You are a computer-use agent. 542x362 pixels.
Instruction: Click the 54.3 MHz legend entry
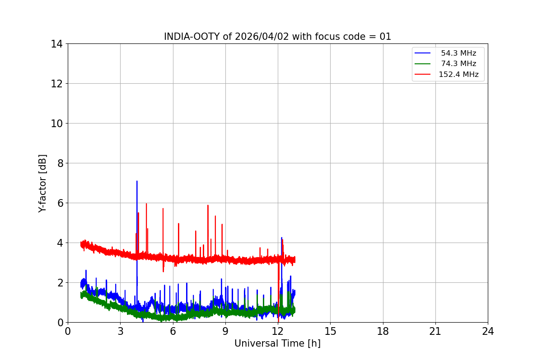click(x=458, y=53)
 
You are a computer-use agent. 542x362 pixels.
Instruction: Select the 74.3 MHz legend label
click(x=458, y=64)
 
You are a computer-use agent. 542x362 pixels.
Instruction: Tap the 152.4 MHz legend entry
click(x=458, y=75)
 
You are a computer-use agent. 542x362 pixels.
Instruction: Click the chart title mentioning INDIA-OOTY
click(x=277, y=37)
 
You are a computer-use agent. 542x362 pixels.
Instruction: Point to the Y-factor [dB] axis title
click(x=42, y=183)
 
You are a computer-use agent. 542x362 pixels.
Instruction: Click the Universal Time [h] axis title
click(x=277, y=343)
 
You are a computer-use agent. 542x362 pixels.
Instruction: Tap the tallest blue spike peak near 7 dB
click(x=137, y=181)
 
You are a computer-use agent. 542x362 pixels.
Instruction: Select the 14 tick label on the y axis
click(x=56, y=44)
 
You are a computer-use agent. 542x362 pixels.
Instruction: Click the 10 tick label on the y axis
click(x=56, y=124)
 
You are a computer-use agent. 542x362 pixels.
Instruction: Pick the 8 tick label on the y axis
click(x=59, y=163)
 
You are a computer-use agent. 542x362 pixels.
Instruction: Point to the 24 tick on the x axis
click(x=488, y=331)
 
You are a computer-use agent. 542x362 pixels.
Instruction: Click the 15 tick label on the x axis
click(x=330, y=331)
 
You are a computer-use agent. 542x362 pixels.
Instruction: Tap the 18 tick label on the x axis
click(x=383, y=331)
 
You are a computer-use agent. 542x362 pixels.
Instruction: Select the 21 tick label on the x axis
click(x=435, y=331)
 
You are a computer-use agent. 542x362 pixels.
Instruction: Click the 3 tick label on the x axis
click(x=120, y=331)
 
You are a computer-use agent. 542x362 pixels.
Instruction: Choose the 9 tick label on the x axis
click(x=225, y=331)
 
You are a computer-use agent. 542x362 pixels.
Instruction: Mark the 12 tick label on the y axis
click(x=56, y=84)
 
